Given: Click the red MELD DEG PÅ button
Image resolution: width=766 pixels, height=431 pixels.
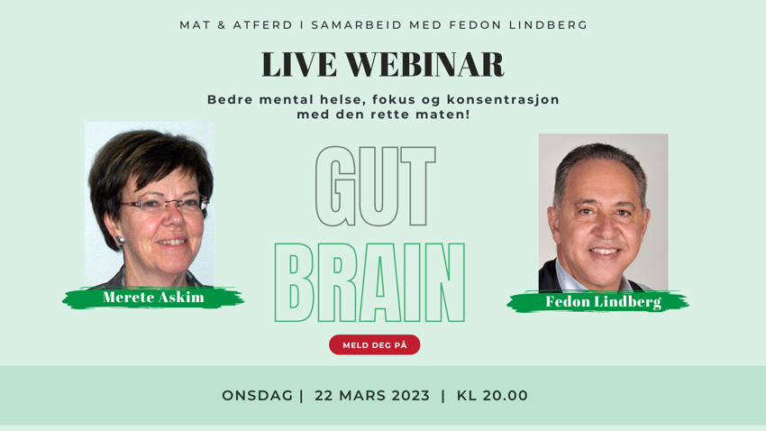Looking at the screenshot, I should coord(374,344).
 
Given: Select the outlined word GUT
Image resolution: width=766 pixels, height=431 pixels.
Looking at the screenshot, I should coord(375,186).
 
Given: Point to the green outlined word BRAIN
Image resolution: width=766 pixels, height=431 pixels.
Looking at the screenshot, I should coord(369,282).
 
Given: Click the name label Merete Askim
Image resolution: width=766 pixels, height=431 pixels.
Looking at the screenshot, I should coord(153,297).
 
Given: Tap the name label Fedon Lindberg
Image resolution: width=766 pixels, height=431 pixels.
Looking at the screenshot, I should coord(603,301).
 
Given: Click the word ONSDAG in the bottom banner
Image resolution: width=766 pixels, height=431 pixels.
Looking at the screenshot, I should coord(257,396).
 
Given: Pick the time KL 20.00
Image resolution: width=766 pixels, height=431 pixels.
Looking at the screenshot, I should coord(492,396).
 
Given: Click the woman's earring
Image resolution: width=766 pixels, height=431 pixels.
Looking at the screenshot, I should coord(118,241).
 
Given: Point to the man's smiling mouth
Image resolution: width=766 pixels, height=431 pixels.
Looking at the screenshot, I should coord(604,252).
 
